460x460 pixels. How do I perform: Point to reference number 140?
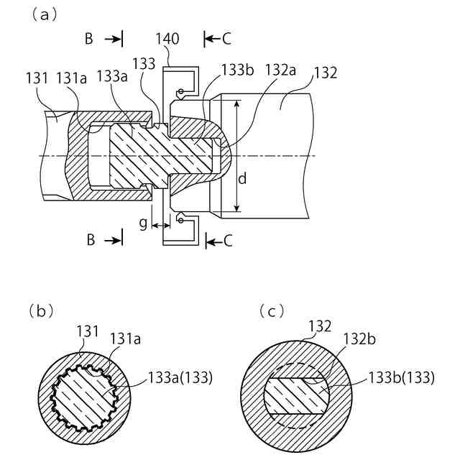tap(169, 38)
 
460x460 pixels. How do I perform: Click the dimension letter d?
tap(242, 178)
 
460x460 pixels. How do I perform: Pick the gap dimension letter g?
tap(143, 224)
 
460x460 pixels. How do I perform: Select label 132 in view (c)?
tap(319, 326)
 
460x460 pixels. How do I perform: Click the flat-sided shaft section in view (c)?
tap(297, 394)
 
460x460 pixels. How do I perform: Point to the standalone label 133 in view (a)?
tap(144, 64)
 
